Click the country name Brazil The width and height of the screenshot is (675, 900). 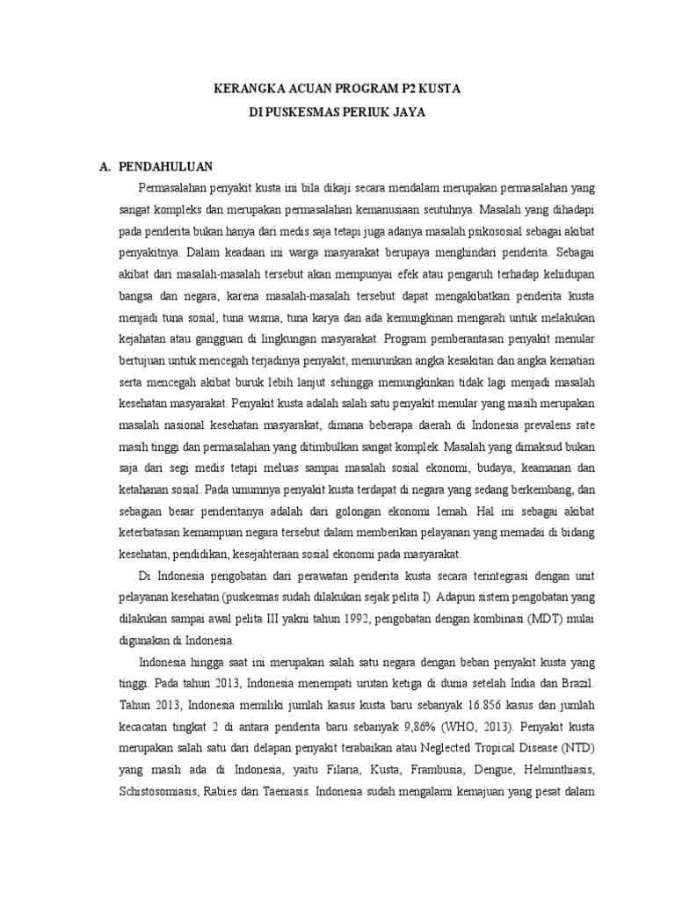click(574, 681)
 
